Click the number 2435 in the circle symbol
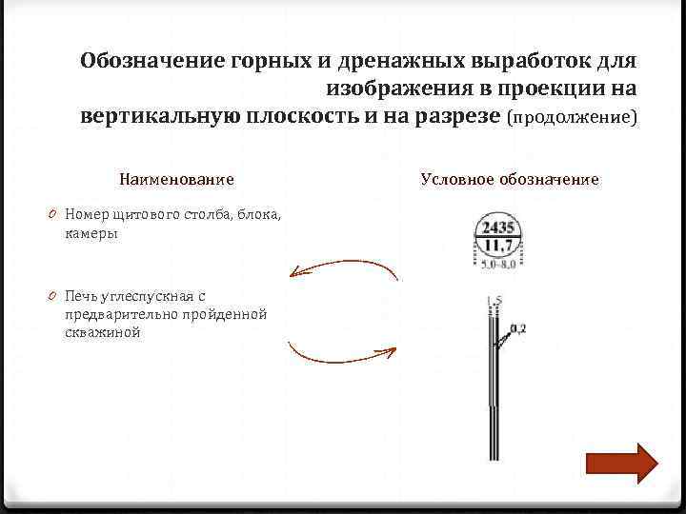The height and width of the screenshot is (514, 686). click(x=498, y=227)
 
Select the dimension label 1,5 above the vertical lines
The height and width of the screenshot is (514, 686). click(x=494, y=303)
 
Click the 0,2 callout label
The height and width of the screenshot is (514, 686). click(x=517, y=329)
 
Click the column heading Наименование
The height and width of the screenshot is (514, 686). click(x=176, y=179)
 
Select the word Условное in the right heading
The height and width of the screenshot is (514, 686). click(x=458, y=179)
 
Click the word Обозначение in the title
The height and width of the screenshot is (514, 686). click(x=152, y=62)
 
